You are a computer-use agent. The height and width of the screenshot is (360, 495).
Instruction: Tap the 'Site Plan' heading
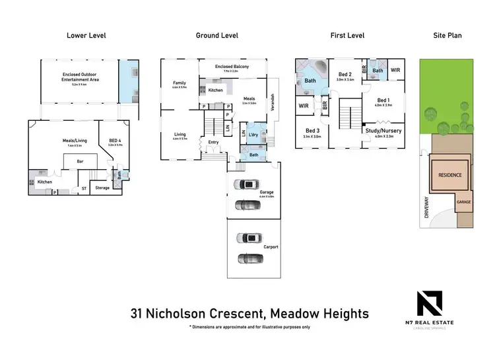pos(446,36)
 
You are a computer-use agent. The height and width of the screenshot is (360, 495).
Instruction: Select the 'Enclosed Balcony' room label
pos(231,67)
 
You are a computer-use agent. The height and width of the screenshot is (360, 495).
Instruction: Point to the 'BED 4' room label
pos(114,140)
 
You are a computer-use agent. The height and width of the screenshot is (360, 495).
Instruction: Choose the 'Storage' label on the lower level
pos(102,188)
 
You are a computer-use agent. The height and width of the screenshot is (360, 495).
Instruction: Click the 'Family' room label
pos(180,83)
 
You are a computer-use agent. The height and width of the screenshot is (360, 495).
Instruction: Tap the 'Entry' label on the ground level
pos(213,142)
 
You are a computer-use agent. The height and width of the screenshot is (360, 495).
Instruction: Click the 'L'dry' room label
pos(253,135)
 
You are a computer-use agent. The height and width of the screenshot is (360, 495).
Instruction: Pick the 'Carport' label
pos(271,247)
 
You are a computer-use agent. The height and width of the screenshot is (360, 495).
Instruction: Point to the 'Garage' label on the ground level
pos(266,193)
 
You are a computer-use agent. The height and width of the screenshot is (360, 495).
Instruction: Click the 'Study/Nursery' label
pos(383,131)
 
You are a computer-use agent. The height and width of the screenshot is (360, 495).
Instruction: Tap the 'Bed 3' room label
pos(312,131)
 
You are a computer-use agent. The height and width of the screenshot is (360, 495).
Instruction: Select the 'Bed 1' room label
pos(383,100)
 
